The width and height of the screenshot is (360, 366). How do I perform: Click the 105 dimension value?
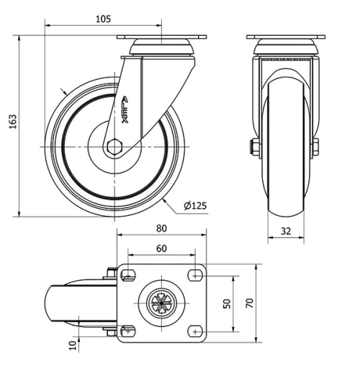tap(103, 19)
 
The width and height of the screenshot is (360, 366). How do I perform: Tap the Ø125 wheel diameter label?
tap(195, 206)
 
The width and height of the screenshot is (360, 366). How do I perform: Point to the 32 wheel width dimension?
tap(287, 232)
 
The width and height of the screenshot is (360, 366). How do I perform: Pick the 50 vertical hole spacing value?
tap(227, 303)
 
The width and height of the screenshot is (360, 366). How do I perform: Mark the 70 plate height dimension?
tap(250, 303)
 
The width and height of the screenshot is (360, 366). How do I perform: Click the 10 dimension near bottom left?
tap(73, 345)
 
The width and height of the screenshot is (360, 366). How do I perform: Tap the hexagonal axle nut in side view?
tap(114, 146)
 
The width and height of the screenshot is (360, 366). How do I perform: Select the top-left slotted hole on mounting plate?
tap(129, 274)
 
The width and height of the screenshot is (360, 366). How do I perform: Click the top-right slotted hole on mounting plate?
tap(194, 274)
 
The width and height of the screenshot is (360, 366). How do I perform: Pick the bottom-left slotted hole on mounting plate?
tap(129, 331)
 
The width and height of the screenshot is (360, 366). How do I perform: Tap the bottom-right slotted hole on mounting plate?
tap(194, 331)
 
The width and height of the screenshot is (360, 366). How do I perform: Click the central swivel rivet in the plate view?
tap(161, 303)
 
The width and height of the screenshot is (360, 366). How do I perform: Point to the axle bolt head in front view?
tap(254, 149)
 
